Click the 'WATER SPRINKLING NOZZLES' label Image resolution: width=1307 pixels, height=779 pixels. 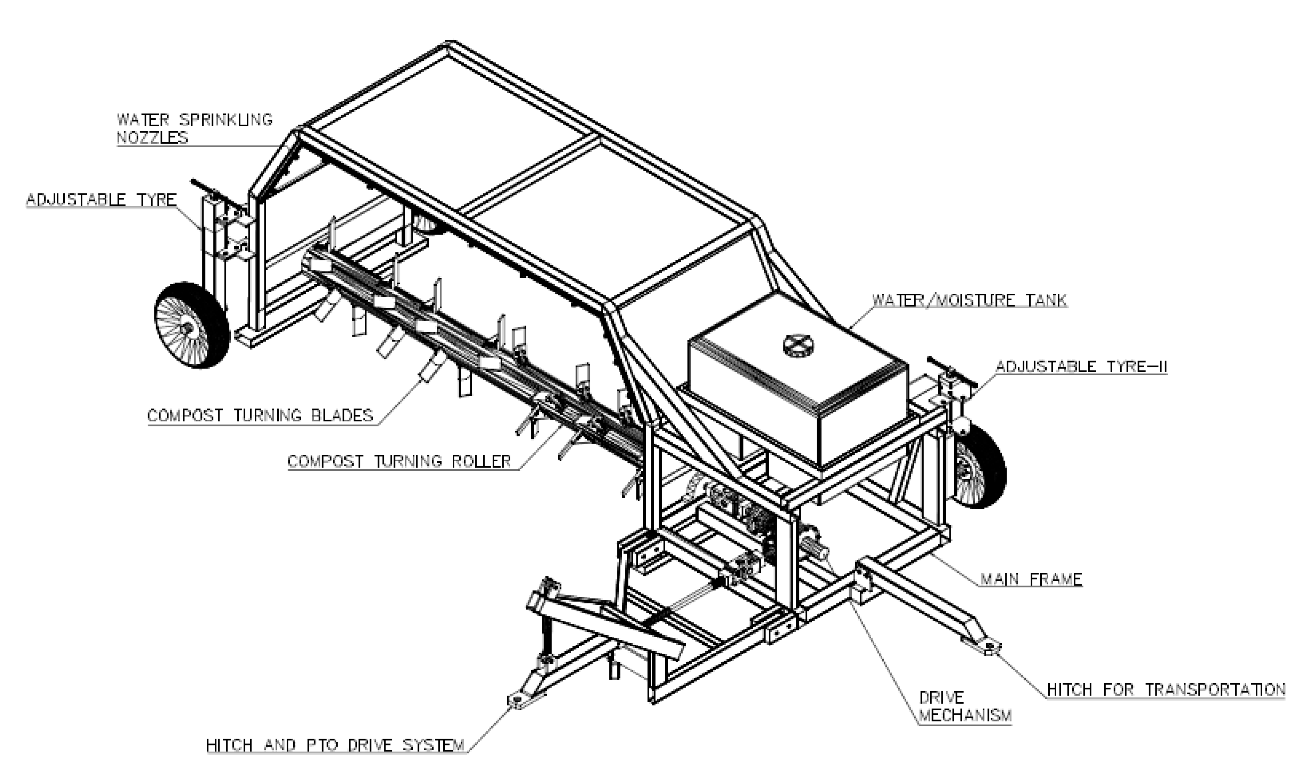point(194,129)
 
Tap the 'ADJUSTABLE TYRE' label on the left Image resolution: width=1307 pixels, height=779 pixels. point(101,200)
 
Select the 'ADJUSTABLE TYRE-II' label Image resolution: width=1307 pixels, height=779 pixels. point(1081,367)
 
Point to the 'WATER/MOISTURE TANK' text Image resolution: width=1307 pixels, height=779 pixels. point(969,300)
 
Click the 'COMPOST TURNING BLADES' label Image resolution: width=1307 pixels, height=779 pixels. point(260,416)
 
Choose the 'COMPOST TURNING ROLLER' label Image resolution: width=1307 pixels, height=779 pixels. point(399,461)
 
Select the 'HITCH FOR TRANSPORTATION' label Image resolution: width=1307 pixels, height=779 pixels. point(1166,689)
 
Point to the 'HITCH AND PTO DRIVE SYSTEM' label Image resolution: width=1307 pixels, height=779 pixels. point(335,745)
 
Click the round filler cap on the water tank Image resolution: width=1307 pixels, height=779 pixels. point(798,345)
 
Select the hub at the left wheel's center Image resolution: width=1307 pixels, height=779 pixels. point(186,328)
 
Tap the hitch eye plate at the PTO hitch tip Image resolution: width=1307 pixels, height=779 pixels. point(517,701)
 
